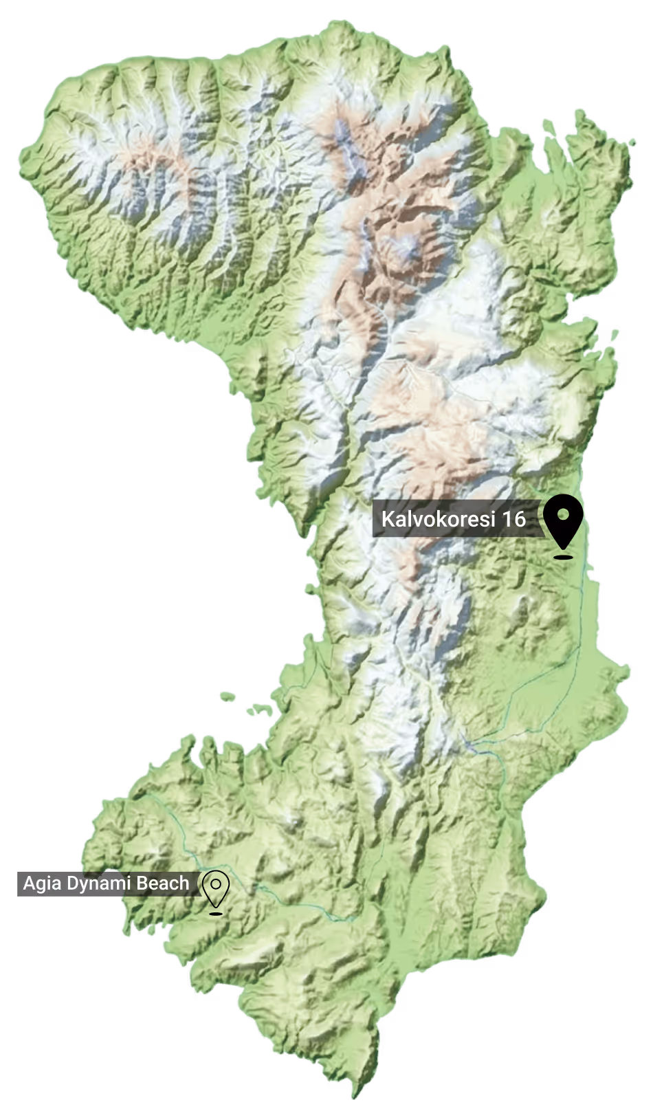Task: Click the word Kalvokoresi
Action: pos(438,518)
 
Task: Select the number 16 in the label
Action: pos(513,518)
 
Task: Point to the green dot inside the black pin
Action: pos(564,514)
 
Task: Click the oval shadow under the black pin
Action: pos(564,557)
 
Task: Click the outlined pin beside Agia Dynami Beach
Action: pos(217,888)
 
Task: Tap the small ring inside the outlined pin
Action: pos(217,883)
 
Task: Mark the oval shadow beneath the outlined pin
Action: pos(217,914)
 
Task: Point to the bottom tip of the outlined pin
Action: pos(217,906)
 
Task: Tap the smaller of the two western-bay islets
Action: pos(228,696)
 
